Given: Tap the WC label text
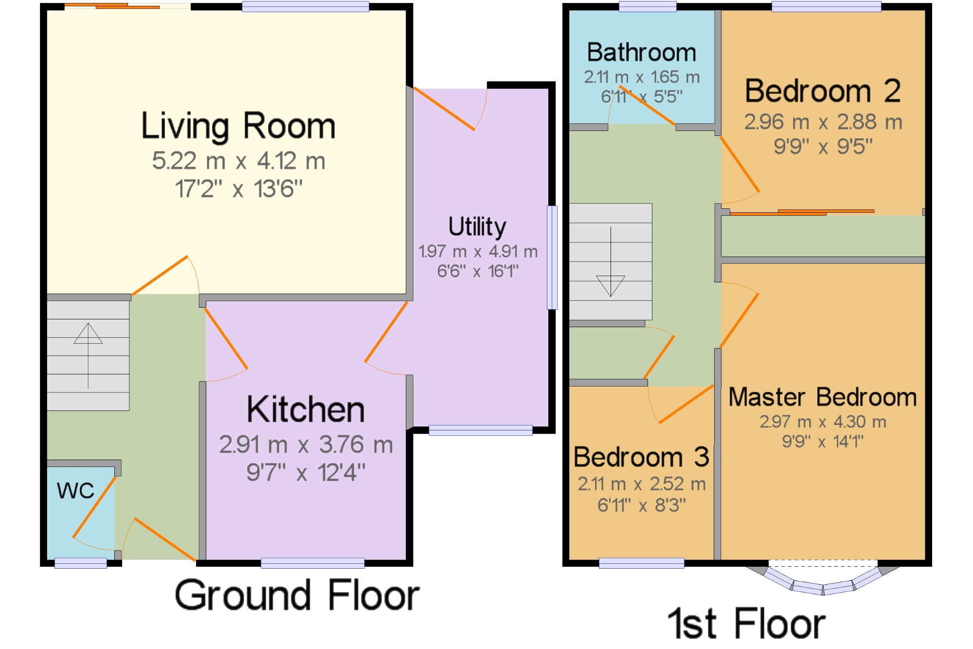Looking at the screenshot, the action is click(75, 490).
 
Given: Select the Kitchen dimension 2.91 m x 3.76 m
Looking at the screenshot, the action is click(306, 445).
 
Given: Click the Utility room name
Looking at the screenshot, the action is click(477, 227).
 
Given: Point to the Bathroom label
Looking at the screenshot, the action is click(642, 52).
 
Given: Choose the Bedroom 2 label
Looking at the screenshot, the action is click(823, 91).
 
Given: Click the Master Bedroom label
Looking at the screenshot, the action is click(823, 397).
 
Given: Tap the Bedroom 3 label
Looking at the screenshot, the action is click(641, 457).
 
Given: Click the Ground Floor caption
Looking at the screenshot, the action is click(297, 595).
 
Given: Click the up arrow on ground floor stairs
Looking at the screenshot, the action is click(88, 356).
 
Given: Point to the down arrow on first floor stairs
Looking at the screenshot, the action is click(611, 261).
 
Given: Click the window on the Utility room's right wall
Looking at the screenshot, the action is click(552, 258).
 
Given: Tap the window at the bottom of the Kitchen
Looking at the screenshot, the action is click(313, 563).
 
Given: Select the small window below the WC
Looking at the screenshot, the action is click(81, 563).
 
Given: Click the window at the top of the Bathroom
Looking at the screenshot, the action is click(648, 6).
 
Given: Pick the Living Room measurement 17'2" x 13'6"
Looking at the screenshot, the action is click(238, 189).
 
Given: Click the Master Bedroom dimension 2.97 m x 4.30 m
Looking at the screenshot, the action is click(823, 422).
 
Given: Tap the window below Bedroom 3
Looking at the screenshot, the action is click(642, 563).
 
